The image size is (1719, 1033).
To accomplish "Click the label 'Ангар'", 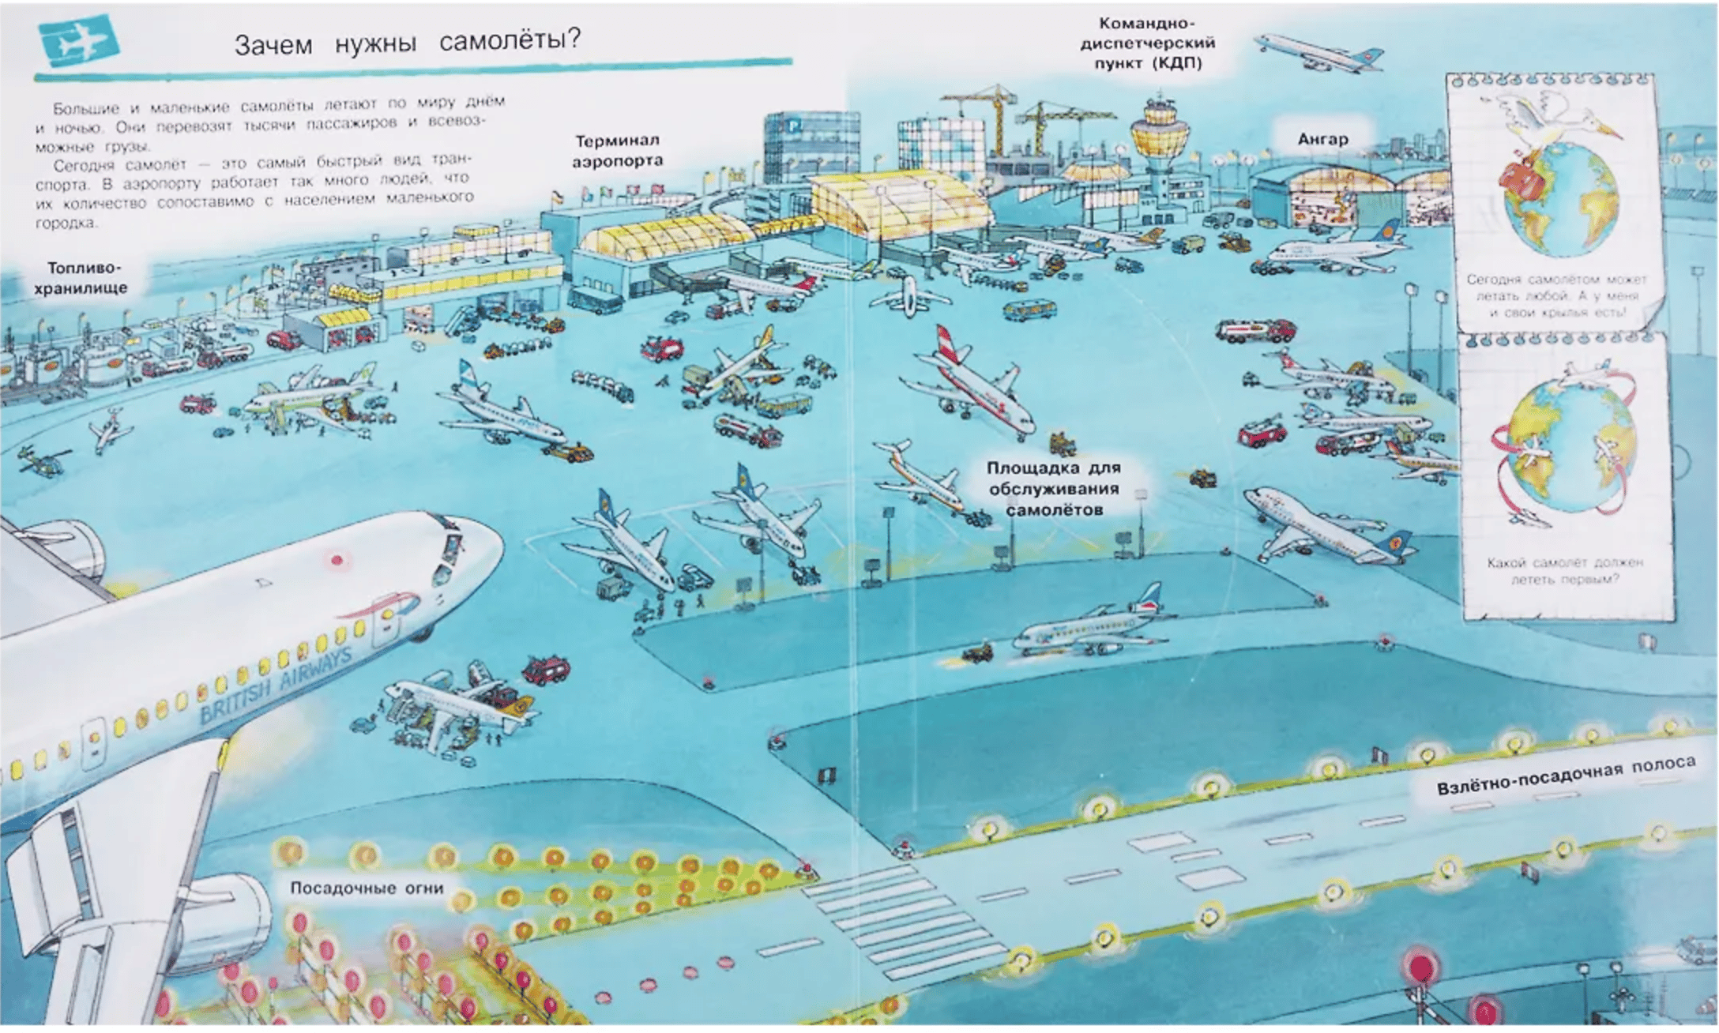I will tap(1322, 140).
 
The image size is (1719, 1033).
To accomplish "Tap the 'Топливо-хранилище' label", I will tap(81, 278).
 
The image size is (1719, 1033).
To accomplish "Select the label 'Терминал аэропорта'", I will tap(617, 150).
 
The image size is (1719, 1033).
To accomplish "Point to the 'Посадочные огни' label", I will tap(367, 888).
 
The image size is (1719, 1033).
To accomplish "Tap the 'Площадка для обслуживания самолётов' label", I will tap(1053, 489).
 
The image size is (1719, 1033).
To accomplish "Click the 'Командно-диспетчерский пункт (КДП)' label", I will tap(1147, 43).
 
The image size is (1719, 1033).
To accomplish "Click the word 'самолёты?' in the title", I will tap(510, 39).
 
